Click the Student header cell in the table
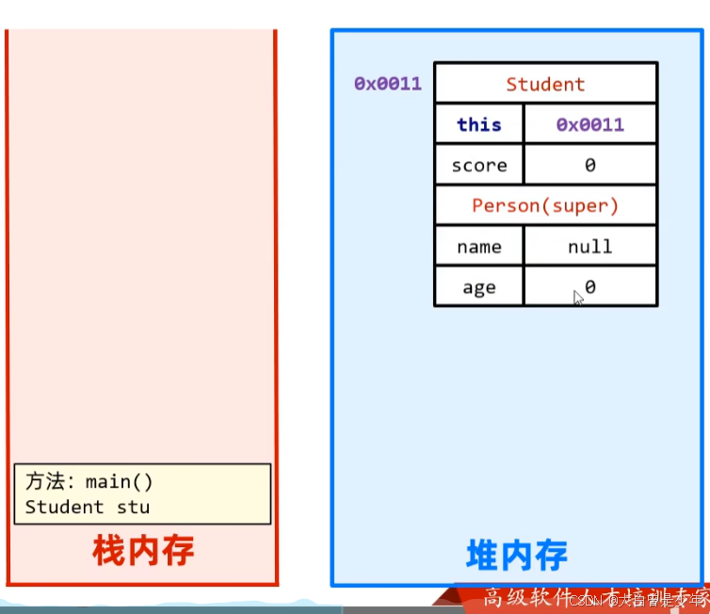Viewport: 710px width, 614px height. [545, 84]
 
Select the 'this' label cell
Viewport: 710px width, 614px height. [479, 124]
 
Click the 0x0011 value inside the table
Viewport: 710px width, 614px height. [590, 124]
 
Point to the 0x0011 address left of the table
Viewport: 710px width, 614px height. [388, 84]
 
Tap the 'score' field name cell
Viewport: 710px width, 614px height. [479, 166]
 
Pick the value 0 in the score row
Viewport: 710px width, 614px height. [590, 166]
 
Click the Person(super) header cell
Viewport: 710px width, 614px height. [545, 206]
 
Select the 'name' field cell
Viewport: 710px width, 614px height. [479, 247]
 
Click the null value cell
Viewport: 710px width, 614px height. [590, 247]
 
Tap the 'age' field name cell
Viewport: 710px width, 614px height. [479, 288]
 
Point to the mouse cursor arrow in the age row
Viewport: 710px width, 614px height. [578, 297]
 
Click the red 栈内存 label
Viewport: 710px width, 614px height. [143, 550]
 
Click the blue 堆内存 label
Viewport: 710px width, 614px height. [517, 555]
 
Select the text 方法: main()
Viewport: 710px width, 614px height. [89, 482]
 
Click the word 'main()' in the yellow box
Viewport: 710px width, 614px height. [120, 482]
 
